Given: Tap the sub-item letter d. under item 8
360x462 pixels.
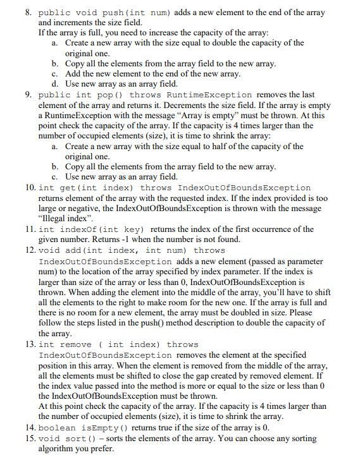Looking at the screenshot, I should pos(55,83).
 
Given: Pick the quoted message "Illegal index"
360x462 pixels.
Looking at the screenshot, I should pos(63,218).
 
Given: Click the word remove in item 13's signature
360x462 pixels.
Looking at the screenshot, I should pos(76,344).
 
